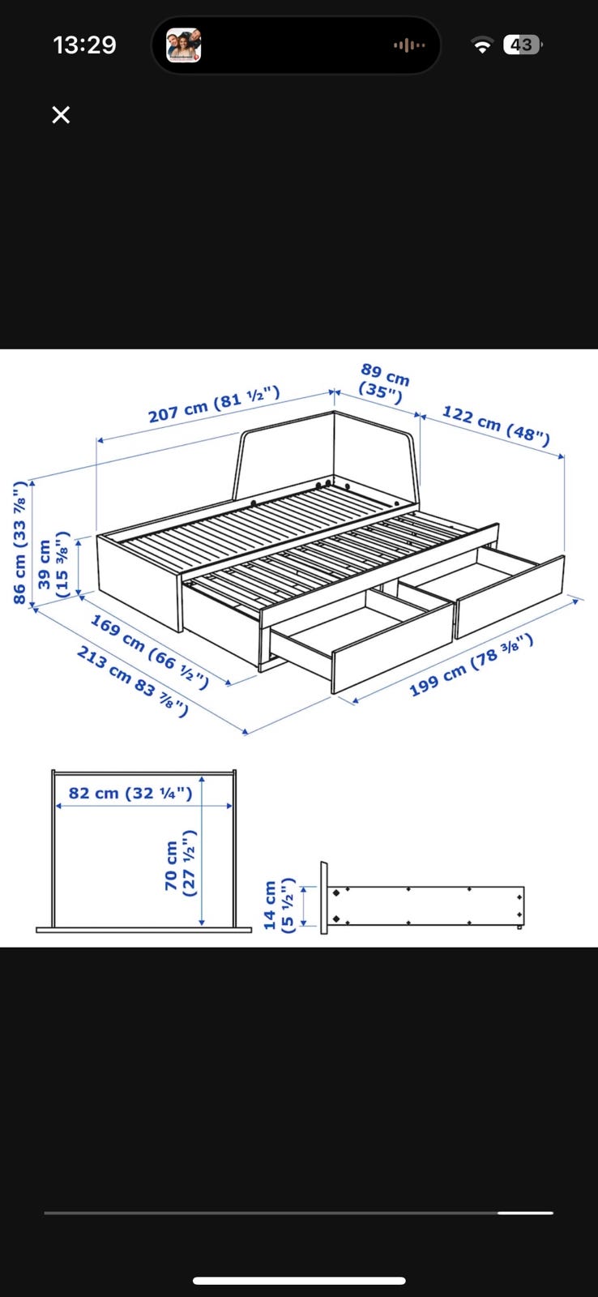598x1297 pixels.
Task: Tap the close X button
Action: click(61, 114)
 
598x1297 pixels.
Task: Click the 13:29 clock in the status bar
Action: click(84, 45)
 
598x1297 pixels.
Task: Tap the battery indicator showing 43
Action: click(522, 45)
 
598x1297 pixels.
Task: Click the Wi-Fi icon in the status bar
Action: click(481, 45)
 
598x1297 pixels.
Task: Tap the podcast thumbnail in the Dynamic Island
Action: click(183, 45)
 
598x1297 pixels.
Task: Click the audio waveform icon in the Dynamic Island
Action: click(409, 45)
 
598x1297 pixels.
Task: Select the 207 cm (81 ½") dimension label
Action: click(214, 405)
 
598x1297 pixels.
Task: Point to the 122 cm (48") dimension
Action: click(496, 426)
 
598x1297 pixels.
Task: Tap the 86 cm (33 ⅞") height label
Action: click(19, 542)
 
